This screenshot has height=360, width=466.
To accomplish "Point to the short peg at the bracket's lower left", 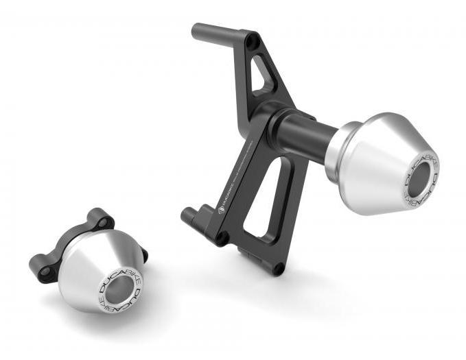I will pos(189,214).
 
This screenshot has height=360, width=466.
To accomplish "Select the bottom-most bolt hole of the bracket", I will pos(277,267).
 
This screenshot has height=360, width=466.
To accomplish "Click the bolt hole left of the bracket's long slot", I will pos(222,237).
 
